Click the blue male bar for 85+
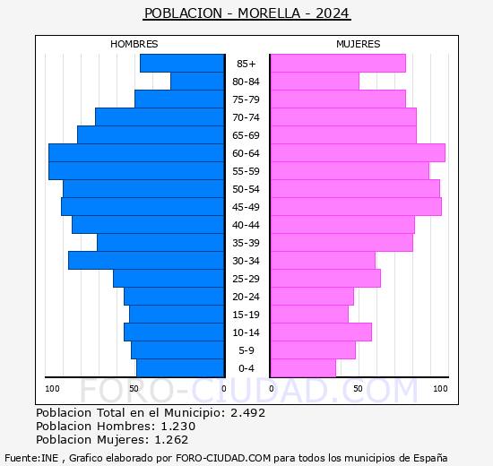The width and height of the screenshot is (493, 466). pos(182,64)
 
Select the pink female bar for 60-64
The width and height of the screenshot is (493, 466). pos(357,153)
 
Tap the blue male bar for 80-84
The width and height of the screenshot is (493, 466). pos(197,82)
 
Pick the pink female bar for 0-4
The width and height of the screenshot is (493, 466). pos(302,368)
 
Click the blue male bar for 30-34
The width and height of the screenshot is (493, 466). pos(146,261)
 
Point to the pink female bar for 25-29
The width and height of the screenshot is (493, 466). pos(324,279)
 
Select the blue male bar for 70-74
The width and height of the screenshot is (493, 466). pos(160,117)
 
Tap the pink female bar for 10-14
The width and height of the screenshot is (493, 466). pos(320,332)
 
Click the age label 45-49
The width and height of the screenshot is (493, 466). pos(246,207)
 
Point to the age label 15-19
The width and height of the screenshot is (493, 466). pos(246,315)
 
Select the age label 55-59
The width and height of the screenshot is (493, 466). pos(246,171)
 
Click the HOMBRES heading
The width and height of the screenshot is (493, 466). pos(134,44)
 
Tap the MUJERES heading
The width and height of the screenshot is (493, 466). pos(358,44)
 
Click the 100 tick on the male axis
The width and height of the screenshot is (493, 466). pos(53,388)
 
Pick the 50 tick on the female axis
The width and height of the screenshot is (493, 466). pos(358,388)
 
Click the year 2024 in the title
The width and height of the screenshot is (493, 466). pos(332,13)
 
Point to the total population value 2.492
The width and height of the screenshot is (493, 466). pos(247,413)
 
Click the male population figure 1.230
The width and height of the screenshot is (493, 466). pos(177,427)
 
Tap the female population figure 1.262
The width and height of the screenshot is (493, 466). pos(170,440)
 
